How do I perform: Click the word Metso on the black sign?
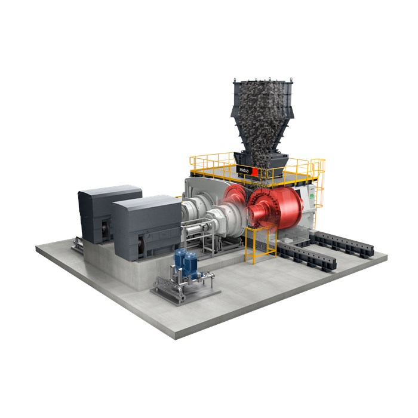[x=244, y=170]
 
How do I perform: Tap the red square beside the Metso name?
[x=255, y=172]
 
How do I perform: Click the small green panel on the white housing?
[x=312, y=196]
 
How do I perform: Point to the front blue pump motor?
[x=190, y=265]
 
